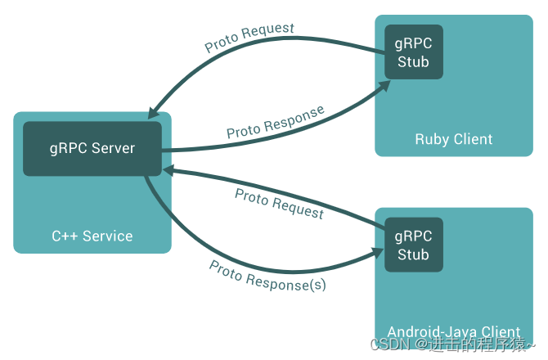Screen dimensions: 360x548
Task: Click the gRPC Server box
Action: (91, 149)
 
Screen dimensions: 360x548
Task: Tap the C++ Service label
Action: (92, 236)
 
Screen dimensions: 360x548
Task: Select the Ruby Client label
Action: (453, 139)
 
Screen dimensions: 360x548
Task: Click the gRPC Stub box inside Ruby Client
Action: (413, 52)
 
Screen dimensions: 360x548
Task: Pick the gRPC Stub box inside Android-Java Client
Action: (413, 245)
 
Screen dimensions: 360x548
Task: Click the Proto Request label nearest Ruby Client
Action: (249, 38)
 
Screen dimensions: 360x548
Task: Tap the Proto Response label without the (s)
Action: (275, 121)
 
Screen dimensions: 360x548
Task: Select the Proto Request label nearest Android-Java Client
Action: (279, 203)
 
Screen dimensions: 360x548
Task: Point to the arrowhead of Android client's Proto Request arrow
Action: (168, 169)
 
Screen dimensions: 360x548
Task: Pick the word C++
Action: (65, 236)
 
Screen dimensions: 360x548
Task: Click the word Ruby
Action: (431, 139)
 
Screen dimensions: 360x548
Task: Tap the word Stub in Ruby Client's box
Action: (413, 62)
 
